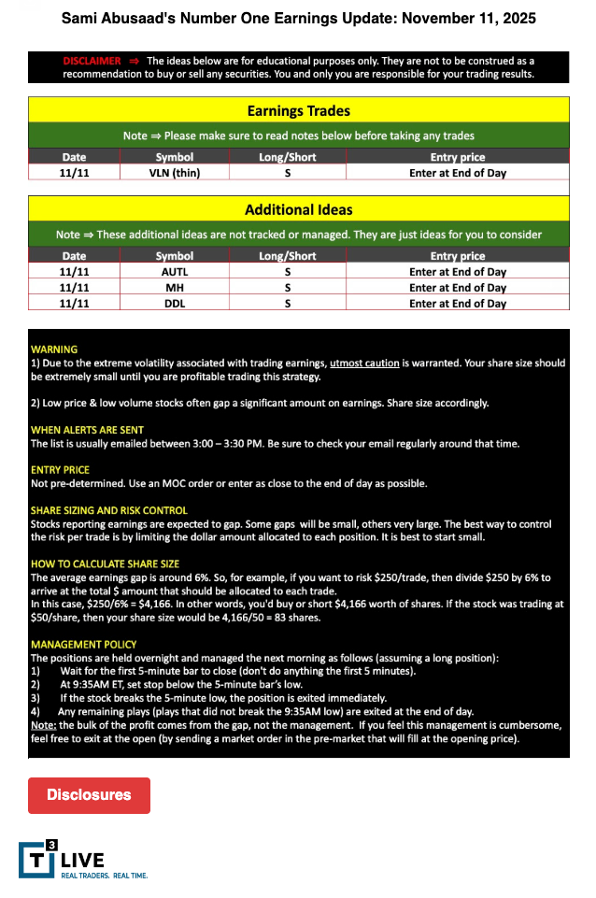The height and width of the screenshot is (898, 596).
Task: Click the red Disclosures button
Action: click(89, 795)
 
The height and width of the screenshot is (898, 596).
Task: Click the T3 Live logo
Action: click(62, 860)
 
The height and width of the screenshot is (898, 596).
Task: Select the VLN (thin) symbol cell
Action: click(175, 173)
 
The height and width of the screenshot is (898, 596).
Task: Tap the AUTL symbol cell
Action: click(175, 272)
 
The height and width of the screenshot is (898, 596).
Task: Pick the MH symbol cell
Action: click(175, 288)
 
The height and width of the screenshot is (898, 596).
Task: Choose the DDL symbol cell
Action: click(175, 304)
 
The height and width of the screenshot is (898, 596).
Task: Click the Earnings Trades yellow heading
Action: click(298, 111)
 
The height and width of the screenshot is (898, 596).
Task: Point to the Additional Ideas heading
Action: click(298, 210)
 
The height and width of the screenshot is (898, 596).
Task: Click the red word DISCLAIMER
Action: click(92, 61)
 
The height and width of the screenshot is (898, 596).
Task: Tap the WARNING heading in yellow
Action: click(54, 349)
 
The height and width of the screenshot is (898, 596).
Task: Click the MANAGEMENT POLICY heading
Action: click(84, 645)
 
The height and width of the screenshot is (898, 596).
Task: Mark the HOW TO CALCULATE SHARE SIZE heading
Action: click(105, 564)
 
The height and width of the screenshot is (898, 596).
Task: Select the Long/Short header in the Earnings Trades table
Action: click(287, 157)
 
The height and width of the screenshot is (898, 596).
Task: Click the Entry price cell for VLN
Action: click(458, 173)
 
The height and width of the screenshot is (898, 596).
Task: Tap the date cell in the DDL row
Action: click(74, 304)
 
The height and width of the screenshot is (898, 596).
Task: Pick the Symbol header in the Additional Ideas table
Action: click(175, 256)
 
